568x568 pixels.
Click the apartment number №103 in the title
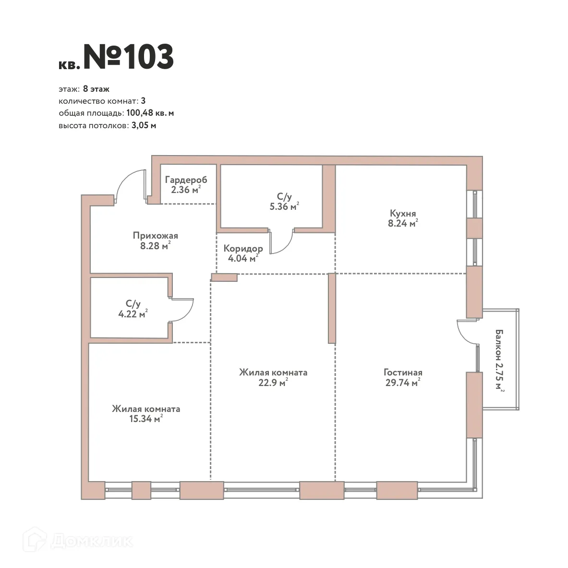coord(129,57)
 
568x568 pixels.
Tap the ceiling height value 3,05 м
coord(144,126)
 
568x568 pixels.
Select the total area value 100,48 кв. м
coord(150,113)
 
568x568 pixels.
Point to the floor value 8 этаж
coord(96,89)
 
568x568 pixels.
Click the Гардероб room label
coord(186,180)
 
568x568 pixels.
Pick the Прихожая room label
coord(155,235)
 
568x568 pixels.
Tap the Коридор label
coord(243,249)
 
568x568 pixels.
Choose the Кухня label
coord(403,214)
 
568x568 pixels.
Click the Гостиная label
coord(403,373)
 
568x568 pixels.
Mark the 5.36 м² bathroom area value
coord(284,207)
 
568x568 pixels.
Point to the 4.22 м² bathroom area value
coord(133,314)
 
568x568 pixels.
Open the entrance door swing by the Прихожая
coord(130,186)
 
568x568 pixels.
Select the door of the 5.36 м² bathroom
coord(282,242)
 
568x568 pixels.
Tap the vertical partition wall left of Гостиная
coord(331,308)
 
